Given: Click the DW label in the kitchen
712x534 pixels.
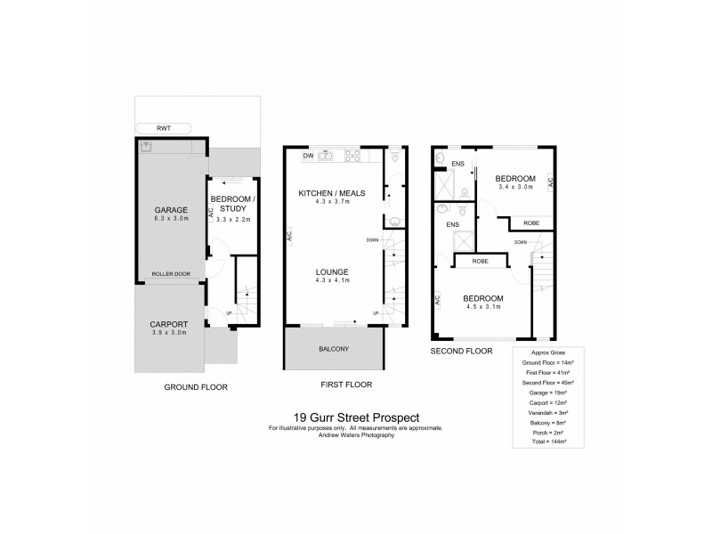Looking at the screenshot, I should tap(308, 156).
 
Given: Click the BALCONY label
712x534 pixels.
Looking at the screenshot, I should tap(334, 348).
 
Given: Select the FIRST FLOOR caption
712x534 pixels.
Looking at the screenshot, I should tap(346, 385).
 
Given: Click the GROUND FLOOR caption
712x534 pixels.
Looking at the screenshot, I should tap(196, 387).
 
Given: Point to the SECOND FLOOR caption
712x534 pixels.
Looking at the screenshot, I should tap(461, 352).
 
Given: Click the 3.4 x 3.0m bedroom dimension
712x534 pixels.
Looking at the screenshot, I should tap(514, 188).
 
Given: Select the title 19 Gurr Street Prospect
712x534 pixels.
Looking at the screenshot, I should tap(356, 417).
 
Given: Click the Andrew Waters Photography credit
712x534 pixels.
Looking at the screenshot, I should tap(356, 434).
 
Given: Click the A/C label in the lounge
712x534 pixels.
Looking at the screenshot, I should tap(289, 236).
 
